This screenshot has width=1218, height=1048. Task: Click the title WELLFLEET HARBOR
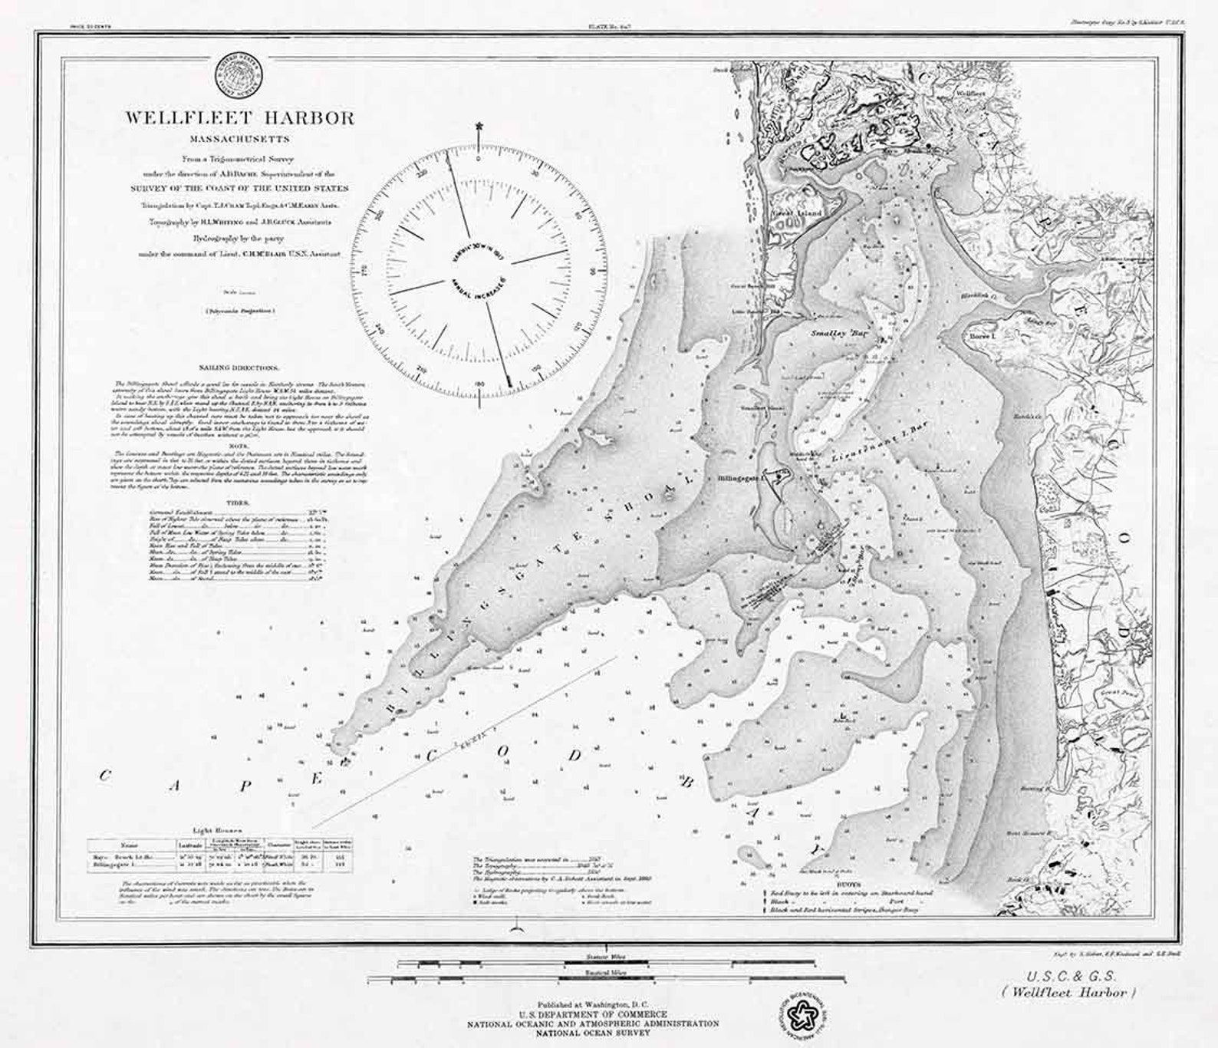[x=240, y=118]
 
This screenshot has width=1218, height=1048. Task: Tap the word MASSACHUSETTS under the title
[x=240, y=140]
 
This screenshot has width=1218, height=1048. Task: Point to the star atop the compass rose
[x=480, y=124]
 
